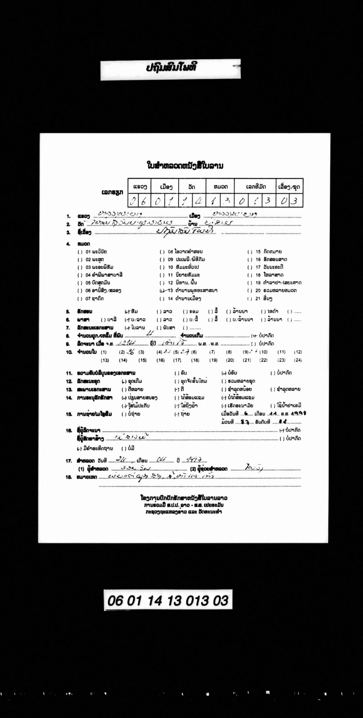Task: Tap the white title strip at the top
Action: [170, 69]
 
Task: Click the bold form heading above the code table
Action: [185, 165]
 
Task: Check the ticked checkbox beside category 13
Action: [162, 291]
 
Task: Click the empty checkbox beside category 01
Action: [80, 252]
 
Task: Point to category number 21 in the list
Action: [258, 299]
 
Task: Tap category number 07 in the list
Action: [88, 299]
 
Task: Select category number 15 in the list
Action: [258, 252]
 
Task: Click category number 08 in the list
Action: [170, 252]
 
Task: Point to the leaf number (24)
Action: [298, 360]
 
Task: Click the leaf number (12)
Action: [298, 352]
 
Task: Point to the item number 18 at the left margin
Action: [69, 477]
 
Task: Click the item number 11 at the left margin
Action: [69, 373]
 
